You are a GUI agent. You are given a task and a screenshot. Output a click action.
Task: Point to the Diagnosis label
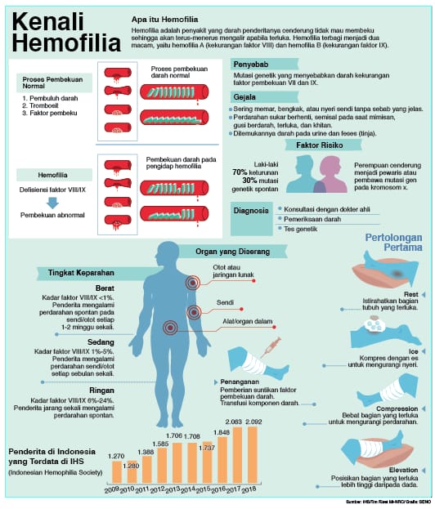tap(252, 210)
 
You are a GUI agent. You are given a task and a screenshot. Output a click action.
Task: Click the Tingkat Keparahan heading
tap(81, 272)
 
